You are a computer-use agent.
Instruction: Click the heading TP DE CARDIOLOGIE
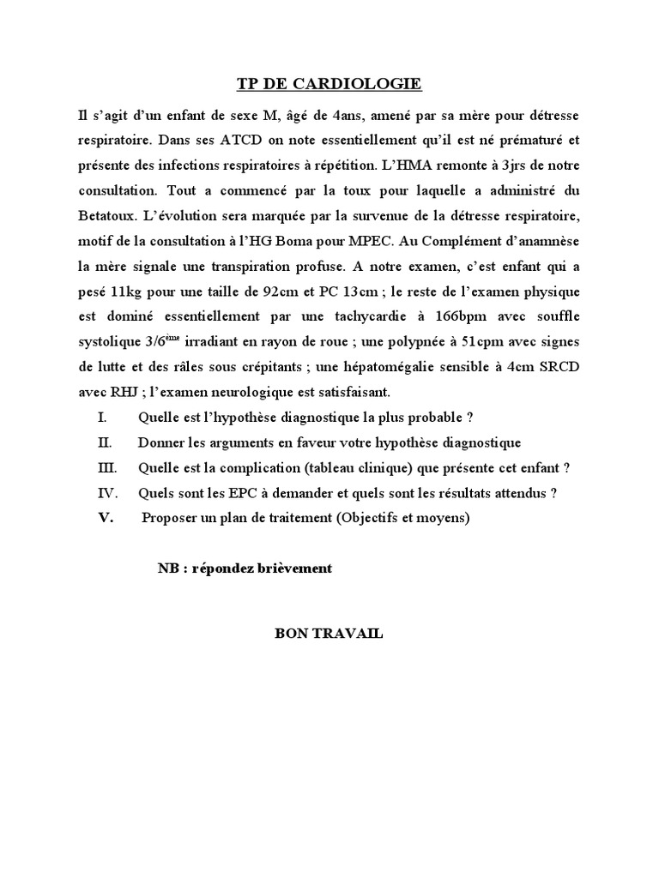click(329, 84)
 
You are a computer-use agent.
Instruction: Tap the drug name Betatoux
click(106, 212)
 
